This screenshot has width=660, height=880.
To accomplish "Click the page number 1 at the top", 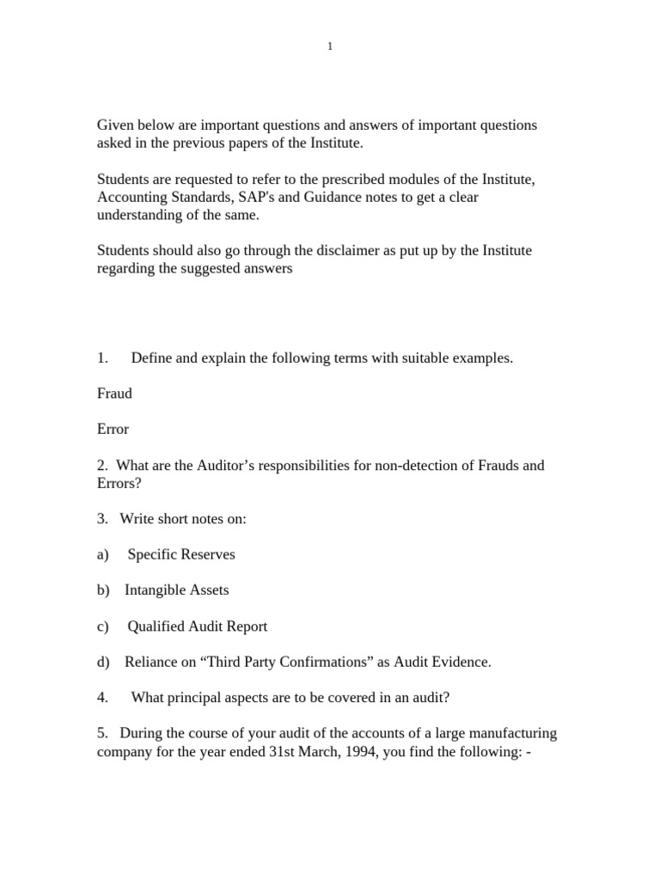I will click(329, 46).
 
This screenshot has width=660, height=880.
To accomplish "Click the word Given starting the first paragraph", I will click(116, 125).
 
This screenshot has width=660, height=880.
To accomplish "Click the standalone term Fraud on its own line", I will click(114, 394).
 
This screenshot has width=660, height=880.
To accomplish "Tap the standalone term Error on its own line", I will click(113, 429).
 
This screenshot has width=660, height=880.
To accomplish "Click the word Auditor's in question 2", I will click(209, 465).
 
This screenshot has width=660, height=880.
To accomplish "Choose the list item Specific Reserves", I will click(181, 554).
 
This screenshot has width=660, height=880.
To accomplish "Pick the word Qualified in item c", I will click(156, 626).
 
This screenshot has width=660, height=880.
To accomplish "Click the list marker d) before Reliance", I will click(104, 662).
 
